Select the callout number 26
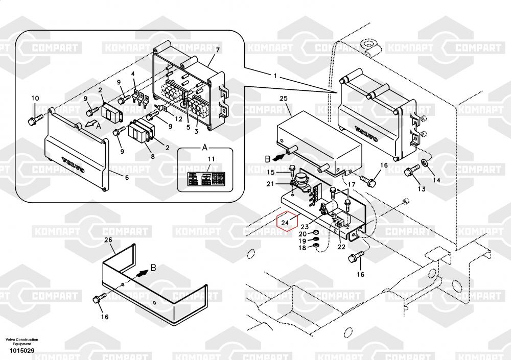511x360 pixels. pyautogui.click(x=108, y=239)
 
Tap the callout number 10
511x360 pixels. pyautogui.click(x=35, y=98)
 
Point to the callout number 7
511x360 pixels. pyautogui.click(x=218, y=50)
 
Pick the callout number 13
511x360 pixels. pyautogui.click(x=421, y=189)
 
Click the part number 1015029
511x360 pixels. pyautogui.click(x=21, y=351)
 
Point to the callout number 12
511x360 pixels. pyautogui.click(x=178, y=119)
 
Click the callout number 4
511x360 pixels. pyautogui.click(x=133, y=74)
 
